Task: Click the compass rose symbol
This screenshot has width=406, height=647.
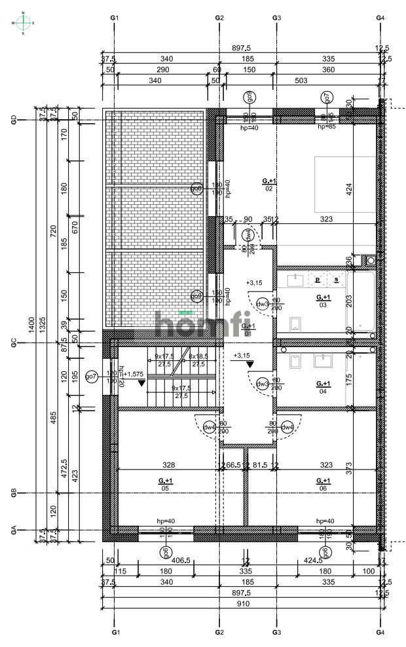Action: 24,23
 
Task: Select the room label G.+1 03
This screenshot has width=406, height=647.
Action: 322,301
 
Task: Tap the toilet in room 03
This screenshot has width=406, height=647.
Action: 295,323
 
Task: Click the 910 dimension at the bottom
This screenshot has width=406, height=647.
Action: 244,604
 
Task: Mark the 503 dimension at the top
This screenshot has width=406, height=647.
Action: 301,81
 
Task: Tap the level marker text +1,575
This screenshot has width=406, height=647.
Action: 134,374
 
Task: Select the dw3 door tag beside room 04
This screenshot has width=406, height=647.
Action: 263,384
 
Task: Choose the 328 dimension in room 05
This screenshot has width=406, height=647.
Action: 168,465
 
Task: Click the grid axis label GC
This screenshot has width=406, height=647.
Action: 13,342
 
